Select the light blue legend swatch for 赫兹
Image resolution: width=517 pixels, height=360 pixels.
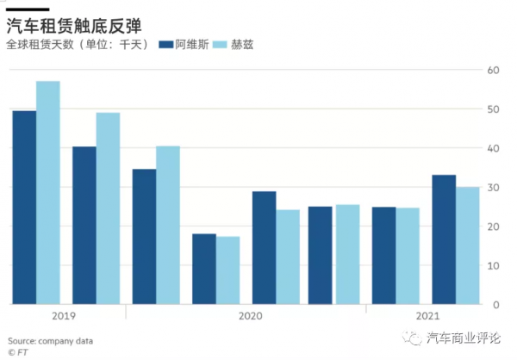(218, 44)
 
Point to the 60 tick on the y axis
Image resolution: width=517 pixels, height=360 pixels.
(493, 70)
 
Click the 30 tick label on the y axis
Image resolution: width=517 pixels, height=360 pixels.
(493, 188)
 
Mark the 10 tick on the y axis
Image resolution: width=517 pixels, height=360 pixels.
(493, 266)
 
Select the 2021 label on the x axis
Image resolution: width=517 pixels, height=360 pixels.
(426, 316)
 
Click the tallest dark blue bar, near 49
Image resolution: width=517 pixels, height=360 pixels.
(24, 207)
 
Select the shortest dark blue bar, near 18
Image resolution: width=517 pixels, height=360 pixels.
(204, 269)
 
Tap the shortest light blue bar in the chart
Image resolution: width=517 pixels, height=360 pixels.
(228, 270)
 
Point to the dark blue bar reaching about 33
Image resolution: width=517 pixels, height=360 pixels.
(444, 239)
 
